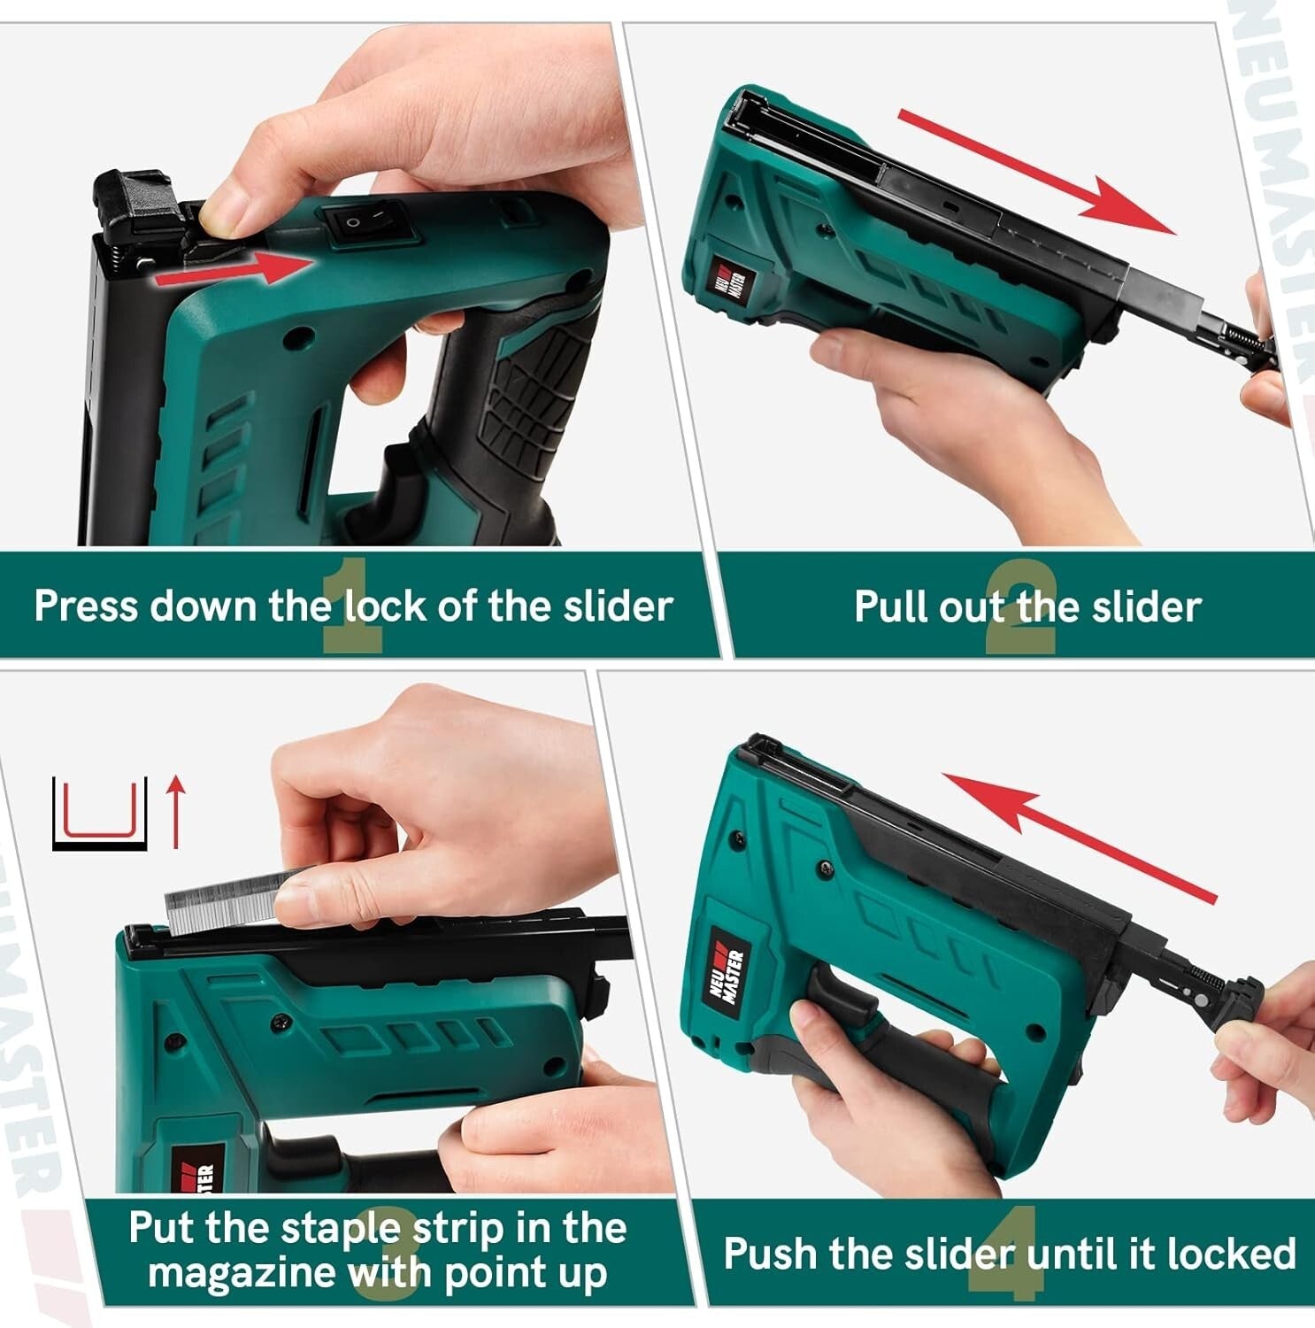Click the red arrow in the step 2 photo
[x=1036, y=172]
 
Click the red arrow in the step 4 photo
[x=1079, y=838]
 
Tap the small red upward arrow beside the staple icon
[x=177, y=810]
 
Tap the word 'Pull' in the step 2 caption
[x=891, y=607]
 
